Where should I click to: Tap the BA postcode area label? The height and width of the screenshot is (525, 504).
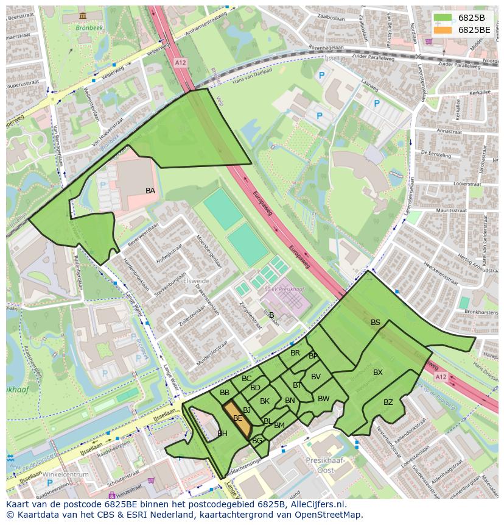150,191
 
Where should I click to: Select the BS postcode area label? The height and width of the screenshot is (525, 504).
376,323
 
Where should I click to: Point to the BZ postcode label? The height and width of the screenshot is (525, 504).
388,402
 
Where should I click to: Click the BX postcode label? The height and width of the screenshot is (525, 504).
378,373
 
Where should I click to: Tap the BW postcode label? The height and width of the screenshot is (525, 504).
324,399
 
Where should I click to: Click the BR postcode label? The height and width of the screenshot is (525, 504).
295,353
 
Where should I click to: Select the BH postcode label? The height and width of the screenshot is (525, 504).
222,434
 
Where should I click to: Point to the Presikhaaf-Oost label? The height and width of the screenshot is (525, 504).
325,465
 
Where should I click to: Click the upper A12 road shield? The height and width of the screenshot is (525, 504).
180,62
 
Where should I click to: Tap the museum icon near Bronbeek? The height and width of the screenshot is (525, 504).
82,16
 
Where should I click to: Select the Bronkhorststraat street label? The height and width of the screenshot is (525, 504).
472,312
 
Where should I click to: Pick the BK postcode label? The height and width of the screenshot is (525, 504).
265,401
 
